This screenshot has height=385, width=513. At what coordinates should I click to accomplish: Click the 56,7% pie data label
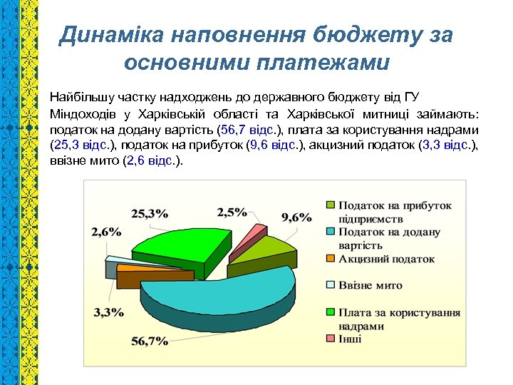pos(149,340)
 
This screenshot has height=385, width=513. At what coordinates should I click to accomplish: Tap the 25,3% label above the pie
pos(150,212)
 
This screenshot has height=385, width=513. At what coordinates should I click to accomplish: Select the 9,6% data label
pos(296,217)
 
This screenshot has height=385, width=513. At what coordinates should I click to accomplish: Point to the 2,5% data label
pos(232,212)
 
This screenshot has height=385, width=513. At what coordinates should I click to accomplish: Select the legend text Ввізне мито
pos(370,285)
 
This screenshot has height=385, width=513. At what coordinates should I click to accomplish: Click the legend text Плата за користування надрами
pos(398,319)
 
